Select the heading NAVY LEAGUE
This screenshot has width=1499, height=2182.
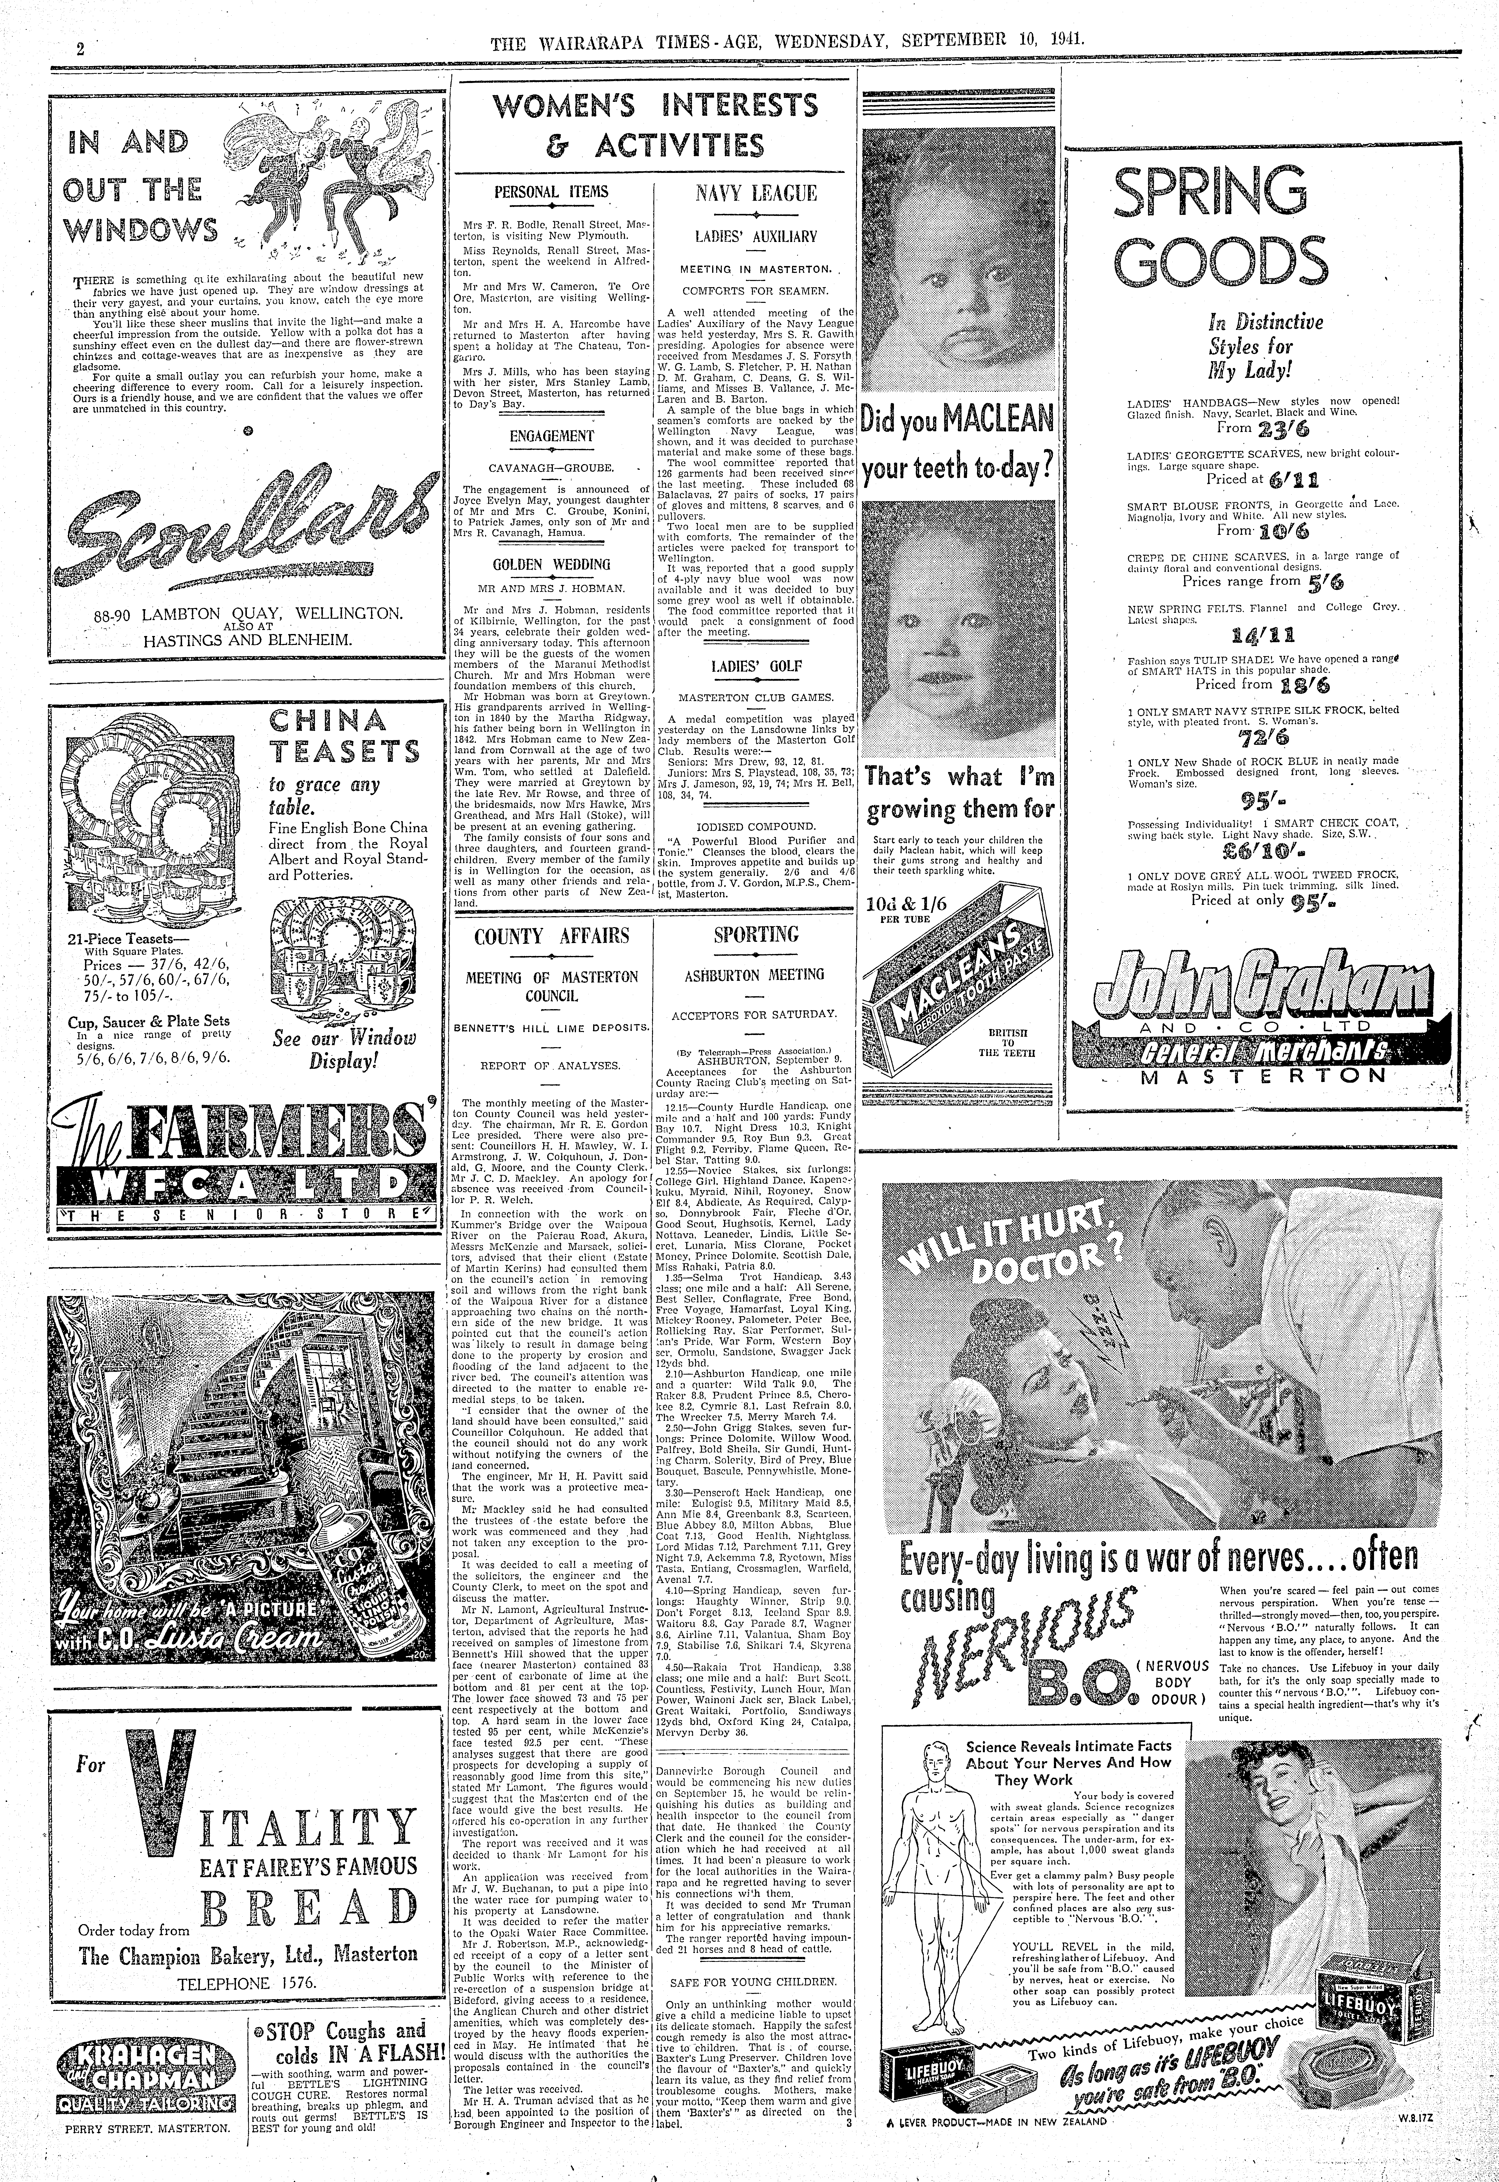[756, 195]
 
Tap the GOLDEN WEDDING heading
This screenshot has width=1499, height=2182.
[551, 564]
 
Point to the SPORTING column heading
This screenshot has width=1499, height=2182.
[756, 935]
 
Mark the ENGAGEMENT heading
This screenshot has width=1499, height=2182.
[551, 436]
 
